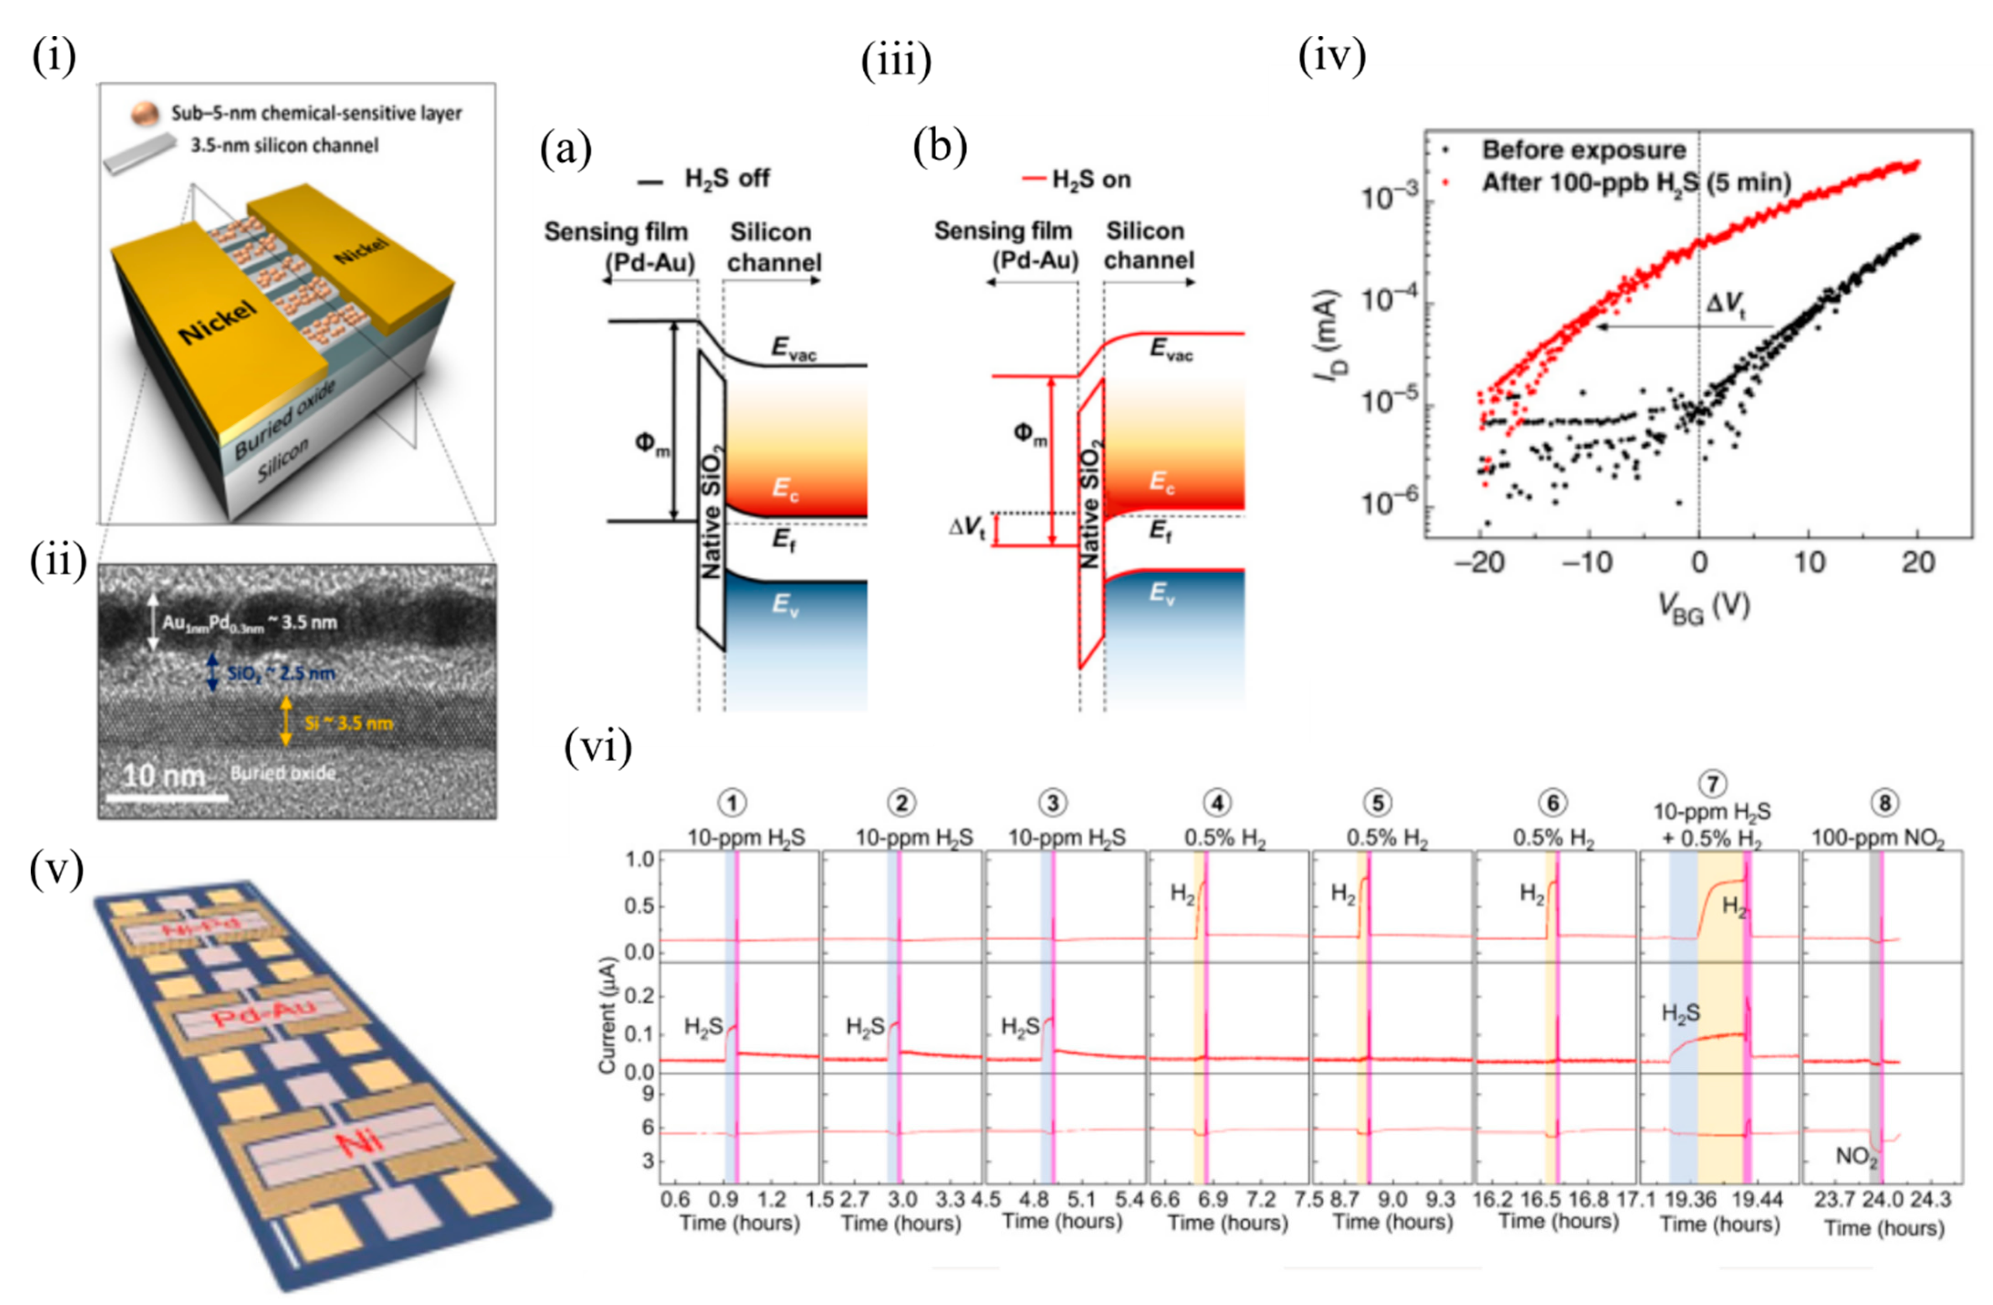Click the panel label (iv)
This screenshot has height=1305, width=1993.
click(x=1331, y=57)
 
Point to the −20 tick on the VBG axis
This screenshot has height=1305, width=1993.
click(x=1480, y=562)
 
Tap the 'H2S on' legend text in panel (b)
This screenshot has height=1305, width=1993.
click(x=1091, y=179)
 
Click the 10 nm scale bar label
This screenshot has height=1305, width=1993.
click(x=163, y=775)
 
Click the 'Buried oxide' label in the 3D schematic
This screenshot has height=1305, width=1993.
click(x=285, y=419)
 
